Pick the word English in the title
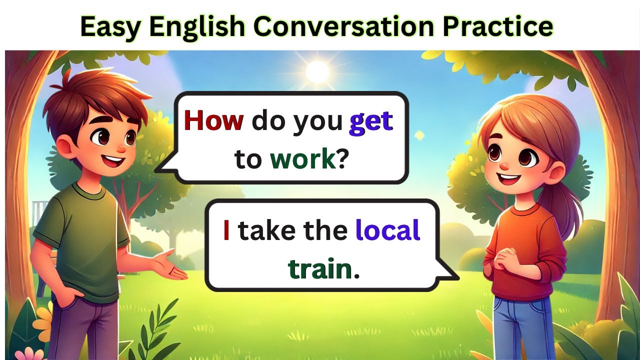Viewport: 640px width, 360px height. click(200, 26)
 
